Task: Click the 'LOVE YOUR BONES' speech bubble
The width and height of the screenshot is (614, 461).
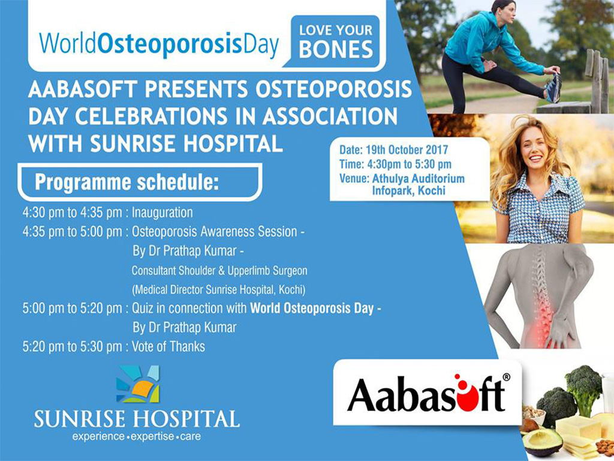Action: coord(335,41)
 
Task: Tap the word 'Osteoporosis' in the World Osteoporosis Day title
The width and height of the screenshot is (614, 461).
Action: coord(169,44)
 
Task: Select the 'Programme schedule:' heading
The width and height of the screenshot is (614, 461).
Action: coord(127,182)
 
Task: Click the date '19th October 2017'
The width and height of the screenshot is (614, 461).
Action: coord(407,149)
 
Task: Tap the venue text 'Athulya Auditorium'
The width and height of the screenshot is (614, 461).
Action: coord(418,178)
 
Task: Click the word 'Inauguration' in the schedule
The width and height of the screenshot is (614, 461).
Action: coord(162,212)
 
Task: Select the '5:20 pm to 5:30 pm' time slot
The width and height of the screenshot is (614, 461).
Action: coord(73,346)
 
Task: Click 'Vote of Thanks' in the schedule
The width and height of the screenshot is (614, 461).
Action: coord(168,346)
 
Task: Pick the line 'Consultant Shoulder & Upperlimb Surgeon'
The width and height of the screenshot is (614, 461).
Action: coord(219,271)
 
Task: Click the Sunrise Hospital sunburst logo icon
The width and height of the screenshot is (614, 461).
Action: coord(138,384)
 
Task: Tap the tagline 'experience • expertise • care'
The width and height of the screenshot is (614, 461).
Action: coord(137,436)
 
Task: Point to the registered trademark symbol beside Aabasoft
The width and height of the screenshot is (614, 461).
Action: coord(506,377)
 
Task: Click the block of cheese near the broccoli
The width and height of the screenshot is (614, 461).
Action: coord(578,427)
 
